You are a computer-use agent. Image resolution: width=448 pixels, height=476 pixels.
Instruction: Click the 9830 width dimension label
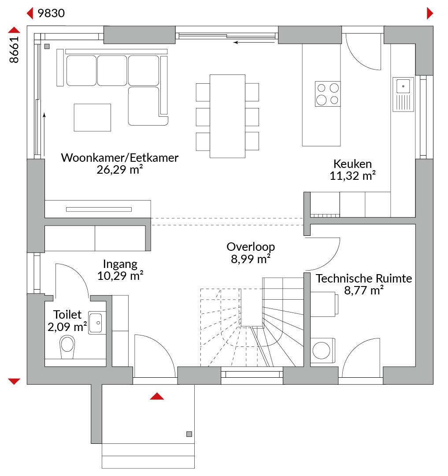click(x=51, y=13)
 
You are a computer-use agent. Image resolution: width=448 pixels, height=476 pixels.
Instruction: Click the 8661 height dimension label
click(x=14, y=50)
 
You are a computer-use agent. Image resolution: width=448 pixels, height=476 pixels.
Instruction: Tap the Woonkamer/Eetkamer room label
click(x=119, y=157)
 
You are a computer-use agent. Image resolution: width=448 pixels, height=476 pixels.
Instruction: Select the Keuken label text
click(x=352, y=164)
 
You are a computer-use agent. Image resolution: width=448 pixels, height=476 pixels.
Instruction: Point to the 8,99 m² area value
click(x=251, y=259)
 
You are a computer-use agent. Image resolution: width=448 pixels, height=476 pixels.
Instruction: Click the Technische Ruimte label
click(x=364, y=279)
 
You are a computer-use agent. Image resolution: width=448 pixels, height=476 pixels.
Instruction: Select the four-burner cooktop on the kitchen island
click(x=328, y=94)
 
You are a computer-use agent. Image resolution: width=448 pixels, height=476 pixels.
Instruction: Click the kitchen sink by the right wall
click(x=403, y=94)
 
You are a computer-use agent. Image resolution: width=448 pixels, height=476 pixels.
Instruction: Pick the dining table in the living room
click(x=227, y=116)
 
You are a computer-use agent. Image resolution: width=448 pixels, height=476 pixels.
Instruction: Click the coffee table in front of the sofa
click(x=93, y=118)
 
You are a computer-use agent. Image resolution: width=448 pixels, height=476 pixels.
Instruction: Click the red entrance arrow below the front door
click(x=157, y=396)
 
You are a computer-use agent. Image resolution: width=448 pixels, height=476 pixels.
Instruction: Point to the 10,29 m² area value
click(x=120, y=275)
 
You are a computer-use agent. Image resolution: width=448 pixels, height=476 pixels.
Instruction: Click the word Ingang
click(x=120, y=264)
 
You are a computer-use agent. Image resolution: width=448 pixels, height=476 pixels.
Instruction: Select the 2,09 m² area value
click(x=67, y=327)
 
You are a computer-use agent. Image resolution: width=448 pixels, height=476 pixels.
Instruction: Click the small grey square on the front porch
click(x=189, y=434)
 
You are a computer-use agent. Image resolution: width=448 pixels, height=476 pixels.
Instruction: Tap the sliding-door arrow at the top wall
click(x=254, y=42)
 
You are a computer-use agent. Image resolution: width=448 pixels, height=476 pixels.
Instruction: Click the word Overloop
click(x=251, y=247)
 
